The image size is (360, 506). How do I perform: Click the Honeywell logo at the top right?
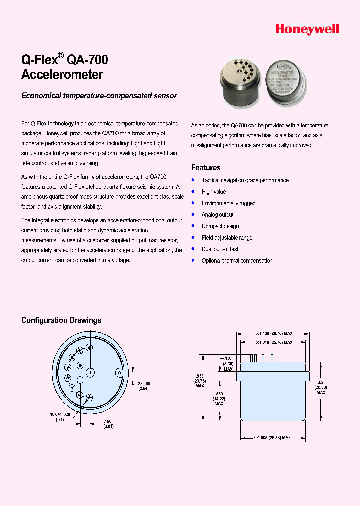click(x=307, y=30)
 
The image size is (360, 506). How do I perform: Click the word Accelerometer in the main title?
click(x=62, y=75)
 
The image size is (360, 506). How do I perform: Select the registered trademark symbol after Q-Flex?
click(x=61, y=55)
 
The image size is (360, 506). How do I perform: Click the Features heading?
click(x=206, y=168)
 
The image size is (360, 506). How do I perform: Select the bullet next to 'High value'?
click(x=193, y=191)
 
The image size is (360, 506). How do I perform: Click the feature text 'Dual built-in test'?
click(x=220, y=249)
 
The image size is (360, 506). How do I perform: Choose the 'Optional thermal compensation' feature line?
click(x=237, y=260)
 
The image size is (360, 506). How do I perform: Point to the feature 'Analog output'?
click(x=217, y=215)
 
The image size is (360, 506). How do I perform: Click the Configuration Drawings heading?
click(x=61, y=320)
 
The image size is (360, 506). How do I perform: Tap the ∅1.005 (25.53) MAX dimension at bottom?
click(x=272, y=437)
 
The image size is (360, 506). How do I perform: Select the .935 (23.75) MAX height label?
click(x=200, y=380)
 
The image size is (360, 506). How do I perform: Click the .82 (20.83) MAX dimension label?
click(x=320, y=387)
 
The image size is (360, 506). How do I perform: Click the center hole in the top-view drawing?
click(x=91, y=372)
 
